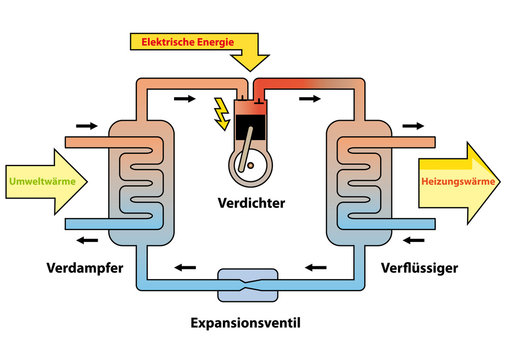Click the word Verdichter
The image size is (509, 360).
pyautogui.click(x=252, y=203)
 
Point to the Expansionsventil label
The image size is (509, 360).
pyautogui.click(x=246, y=324)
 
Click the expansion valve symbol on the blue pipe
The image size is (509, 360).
pyautogui.click(x=246, y=282)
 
